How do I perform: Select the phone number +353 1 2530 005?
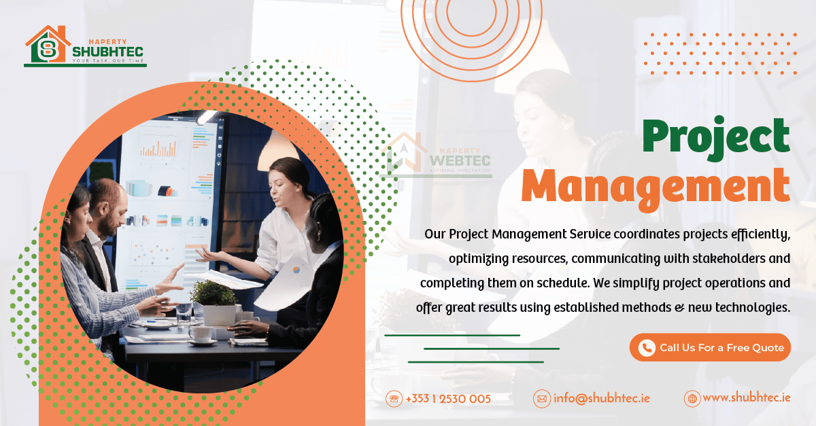pos(447,399)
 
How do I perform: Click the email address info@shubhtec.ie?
pos(601,398)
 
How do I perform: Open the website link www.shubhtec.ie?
pos(746,398)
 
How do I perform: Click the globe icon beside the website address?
pos(692,399)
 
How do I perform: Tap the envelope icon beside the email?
pos(541,399)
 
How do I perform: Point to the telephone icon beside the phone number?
pos(394,399)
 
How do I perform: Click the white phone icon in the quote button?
pos(646,347)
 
